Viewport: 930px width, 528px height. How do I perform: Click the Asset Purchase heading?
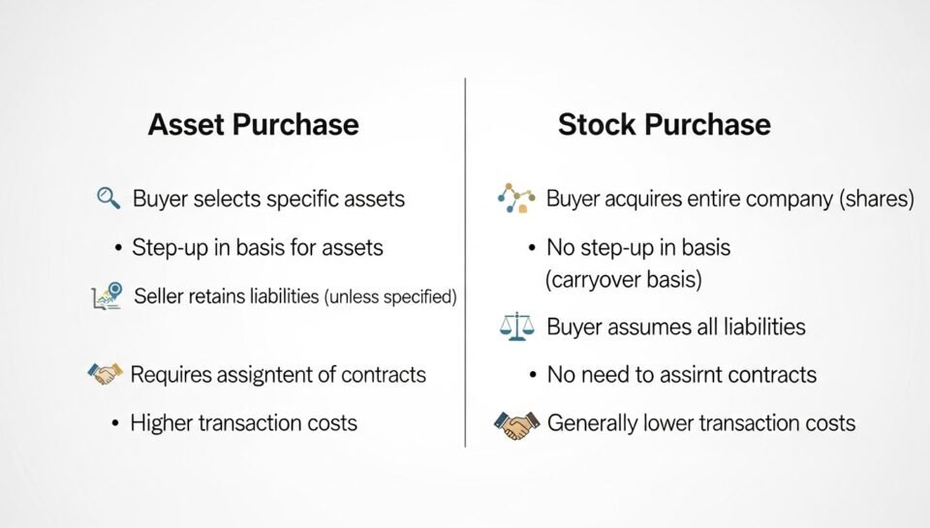point(253,124)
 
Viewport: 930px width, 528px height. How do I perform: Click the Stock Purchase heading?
point(664,124)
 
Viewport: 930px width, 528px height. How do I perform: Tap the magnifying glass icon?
point(108,199)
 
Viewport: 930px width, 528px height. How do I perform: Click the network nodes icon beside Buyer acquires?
point(516,198)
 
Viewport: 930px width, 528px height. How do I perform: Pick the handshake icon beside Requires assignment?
point(106,373)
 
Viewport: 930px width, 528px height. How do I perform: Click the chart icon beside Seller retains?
point(107,295)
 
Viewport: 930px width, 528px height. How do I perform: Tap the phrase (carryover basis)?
point(623,280)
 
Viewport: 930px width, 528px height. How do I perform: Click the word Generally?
point(597,422)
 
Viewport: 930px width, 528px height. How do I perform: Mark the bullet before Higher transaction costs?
point(115,423)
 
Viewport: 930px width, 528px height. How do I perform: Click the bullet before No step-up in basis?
point(532,247)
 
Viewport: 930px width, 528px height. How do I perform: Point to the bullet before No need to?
point(532,375)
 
